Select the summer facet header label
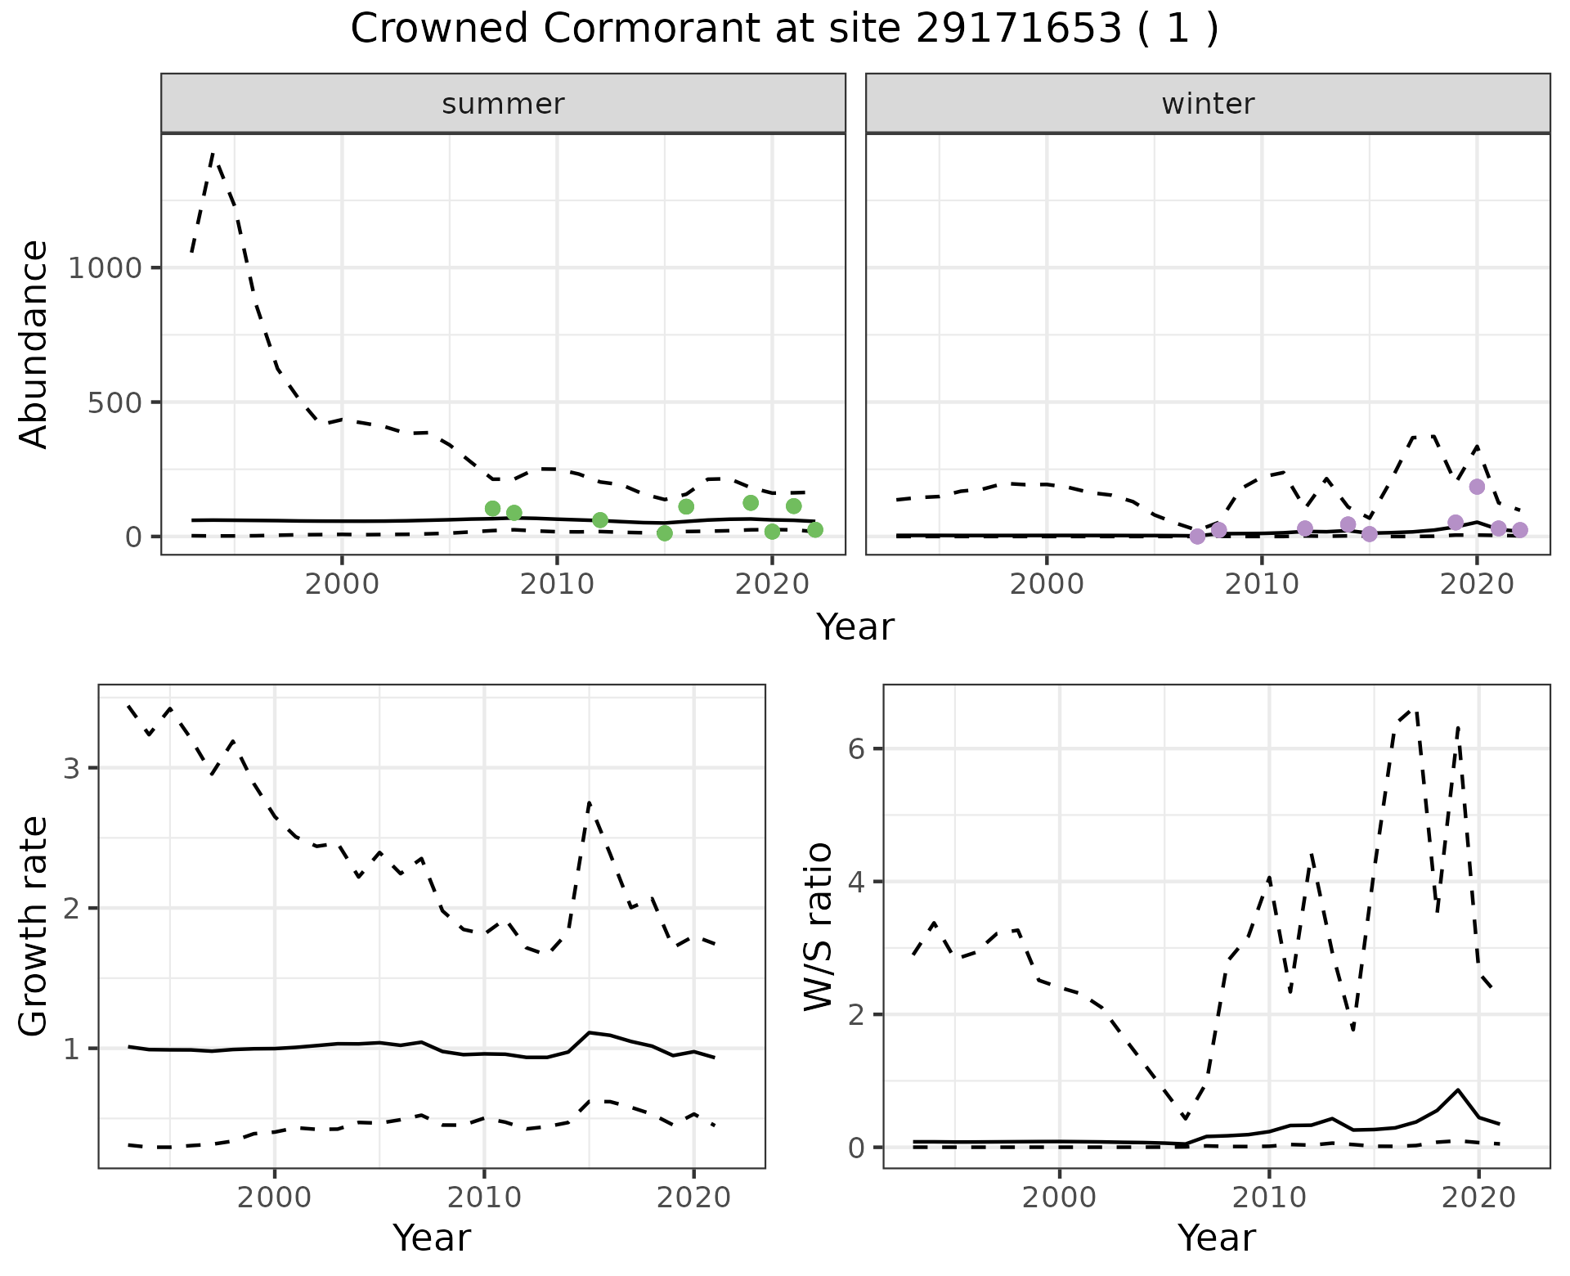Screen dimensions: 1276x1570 [x=503, y=104]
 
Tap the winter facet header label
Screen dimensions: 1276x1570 [x=1208, y=104]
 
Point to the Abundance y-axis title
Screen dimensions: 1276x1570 [x=34, y=344]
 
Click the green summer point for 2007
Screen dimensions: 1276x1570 [x=492, y=509]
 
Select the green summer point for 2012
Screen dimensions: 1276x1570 [x=600, y=520]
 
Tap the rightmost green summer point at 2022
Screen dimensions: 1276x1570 [x=814, y=530]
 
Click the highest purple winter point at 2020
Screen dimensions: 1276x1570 [x=1477, y=487]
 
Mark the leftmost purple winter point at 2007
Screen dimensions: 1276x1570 [x=1197, y=537]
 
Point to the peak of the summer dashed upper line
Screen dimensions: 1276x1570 [x=213, y=153]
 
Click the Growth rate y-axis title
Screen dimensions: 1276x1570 [x=34, y=927]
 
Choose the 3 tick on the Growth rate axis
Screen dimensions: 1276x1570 [x=71, y=769]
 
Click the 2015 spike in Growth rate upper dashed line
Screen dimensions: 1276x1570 [x=590, y=802]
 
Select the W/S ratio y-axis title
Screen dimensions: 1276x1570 [x=819, y=927]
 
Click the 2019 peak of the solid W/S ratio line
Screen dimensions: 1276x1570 [x=1457, y=1090]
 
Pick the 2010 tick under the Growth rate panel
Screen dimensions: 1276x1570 [x=484, y=1199]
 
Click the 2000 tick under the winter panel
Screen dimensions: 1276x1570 [x=1047, y=585]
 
